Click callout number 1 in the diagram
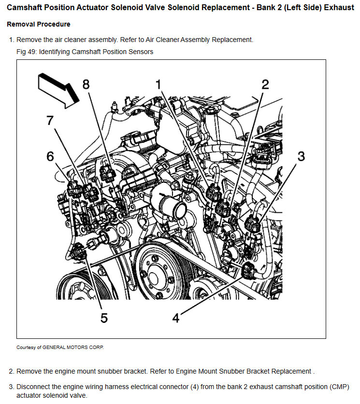pyautogui.click(x=158, y=85)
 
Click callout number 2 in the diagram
pyautogui.click(x=265, y=85)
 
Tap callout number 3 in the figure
pyautogui.click(x=301, y=156)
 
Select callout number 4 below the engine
pyautogui.click(x=176, y=318)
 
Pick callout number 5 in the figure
pyautogui.click(x=104, y=318)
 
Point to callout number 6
pyautogui.click(x=51, y=156)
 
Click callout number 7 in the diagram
pyautogui.click(x=50, y=121)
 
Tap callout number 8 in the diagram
pyautogui.click(x=86, y=85)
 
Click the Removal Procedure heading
pyautogui.click(x=38, y=24)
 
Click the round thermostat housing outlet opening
pyautogui.click(x=178, y=211)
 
